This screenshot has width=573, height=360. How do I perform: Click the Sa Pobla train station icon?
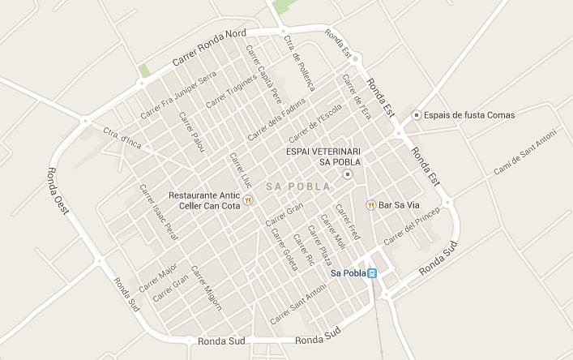pos(372,273)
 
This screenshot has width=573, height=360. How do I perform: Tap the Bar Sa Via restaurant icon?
pos(371,205)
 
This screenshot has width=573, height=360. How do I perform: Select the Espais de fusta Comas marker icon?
pos(417,115)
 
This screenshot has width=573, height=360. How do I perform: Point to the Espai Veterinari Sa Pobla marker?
pos(349,174)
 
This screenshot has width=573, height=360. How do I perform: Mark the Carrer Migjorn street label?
pos(206,286)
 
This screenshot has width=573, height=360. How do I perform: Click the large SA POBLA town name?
pos(297,186)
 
